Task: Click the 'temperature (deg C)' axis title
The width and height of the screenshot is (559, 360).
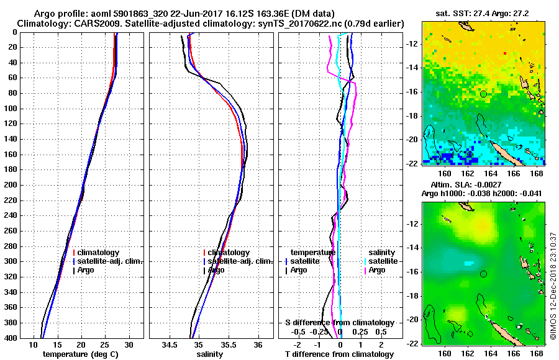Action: point(81,354)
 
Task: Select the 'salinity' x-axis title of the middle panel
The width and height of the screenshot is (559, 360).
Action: point(211,354)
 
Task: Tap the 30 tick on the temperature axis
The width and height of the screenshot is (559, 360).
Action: point(129,344)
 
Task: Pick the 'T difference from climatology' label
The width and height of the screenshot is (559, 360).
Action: point(340,354)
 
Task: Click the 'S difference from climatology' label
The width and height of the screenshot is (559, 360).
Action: point(340,323)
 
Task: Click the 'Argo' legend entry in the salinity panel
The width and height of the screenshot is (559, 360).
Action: point(216,270)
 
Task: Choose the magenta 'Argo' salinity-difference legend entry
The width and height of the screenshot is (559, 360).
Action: point(377,270)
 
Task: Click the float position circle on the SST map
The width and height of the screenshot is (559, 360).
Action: point(483,94)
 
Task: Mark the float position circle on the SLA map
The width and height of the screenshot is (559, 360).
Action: point(483,274)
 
